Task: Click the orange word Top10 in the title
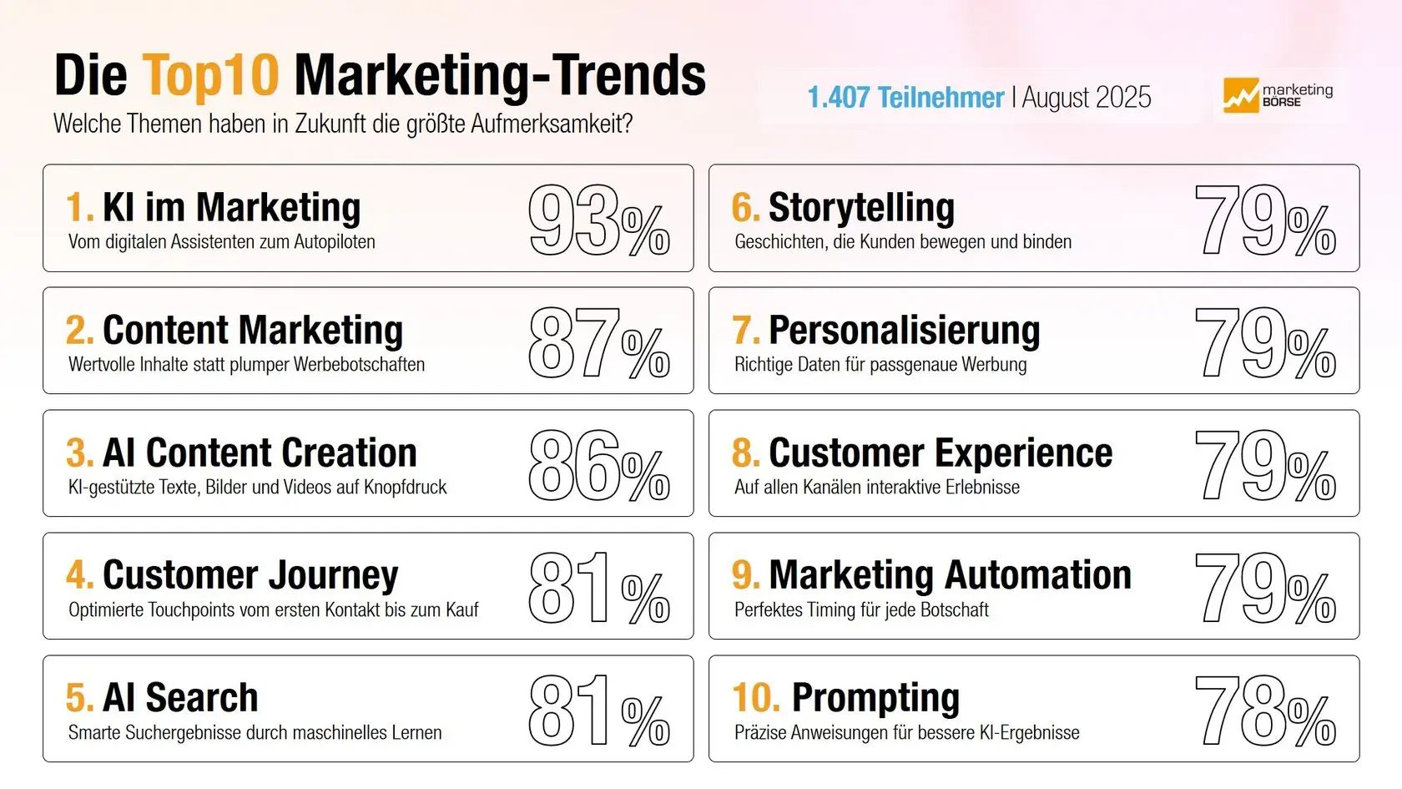tap(210, 76)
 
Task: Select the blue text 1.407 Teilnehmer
tap(905, 98)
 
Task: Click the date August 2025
tap(1087, 98)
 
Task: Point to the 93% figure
tap(598, 220)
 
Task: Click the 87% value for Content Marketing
tap(598, 342)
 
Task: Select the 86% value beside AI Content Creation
tap(598, 465)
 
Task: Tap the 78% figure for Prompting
tap(1265, 711)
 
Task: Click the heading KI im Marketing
tap(231, 207)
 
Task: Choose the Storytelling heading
tap(861, 207)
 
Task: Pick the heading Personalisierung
tap(904, 331)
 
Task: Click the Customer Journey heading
tap(250, 575)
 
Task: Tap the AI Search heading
tap(180, 697)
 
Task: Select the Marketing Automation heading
tap(950, 575)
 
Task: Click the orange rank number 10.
tap(756, 697)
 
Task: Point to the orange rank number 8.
tap(745, 453)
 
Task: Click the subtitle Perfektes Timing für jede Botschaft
tap(861, 610)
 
